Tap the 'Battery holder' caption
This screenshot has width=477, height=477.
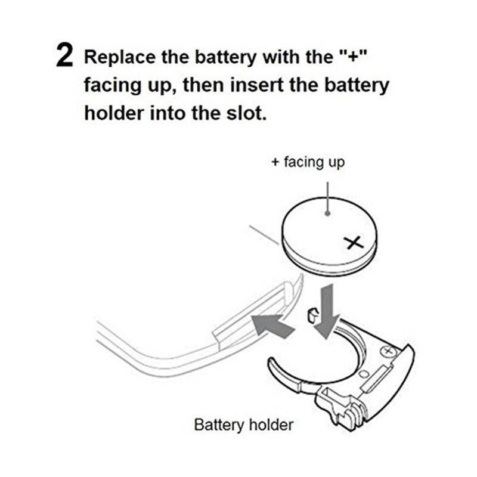tap(243, 425)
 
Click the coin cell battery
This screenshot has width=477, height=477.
tap(328, 236)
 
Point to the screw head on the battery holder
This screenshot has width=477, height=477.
tap(390, 351)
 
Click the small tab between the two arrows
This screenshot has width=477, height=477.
tap(311, 316)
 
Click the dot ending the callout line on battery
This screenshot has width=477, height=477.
tap(328, 212)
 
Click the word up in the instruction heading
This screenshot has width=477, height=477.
tap(157, 86)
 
